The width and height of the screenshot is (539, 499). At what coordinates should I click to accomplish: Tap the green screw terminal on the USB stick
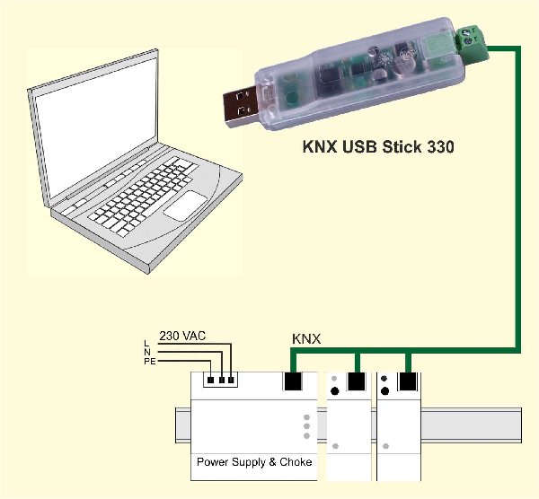coord(474,41)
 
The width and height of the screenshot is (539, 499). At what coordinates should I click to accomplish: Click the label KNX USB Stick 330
coord(377,144)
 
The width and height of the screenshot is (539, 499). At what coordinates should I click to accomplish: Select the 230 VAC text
coord(182,336)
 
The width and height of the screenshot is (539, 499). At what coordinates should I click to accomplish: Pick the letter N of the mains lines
coord(146,353)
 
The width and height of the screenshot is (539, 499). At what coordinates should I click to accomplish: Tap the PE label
coord(148,362)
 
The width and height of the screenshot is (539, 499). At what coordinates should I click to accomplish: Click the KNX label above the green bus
coord(307,339)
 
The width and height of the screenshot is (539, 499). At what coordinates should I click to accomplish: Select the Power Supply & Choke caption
coord(255,462)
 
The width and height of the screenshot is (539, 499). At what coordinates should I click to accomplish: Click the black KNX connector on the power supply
coord(294,381)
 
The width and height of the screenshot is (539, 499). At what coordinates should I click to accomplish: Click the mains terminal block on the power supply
coord(221,380)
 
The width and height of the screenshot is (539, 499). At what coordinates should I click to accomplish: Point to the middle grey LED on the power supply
coord(306,426)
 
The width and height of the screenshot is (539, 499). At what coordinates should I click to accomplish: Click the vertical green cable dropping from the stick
coord(518,197)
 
